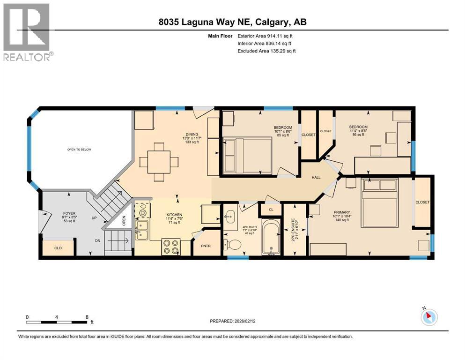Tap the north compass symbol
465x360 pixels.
[x=428, y=317]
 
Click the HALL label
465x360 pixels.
[x=316, y=178]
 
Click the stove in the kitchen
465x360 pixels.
[x=171, y=247]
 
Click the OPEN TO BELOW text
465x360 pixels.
[x=79, y=150]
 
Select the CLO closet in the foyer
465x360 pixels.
[x=58, y=247]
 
